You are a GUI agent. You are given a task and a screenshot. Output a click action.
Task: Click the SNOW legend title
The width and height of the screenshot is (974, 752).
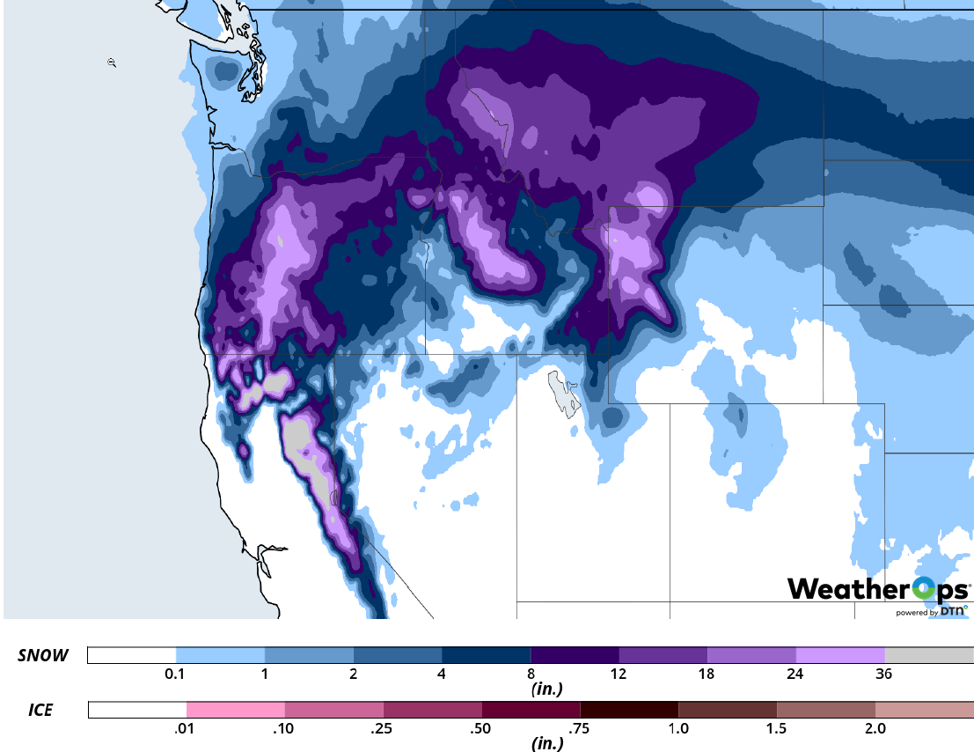coord(43,656)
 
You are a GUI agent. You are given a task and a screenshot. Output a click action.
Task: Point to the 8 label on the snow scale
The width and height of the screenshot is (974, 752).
coord(531,675)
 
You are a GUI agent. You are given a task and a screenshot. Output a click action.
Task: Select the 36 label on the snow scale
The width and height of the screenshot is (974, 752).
coord(884,675)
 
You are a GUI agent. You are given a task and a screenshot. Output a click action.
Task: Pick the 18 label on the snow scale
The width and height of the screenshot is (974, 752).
coord(707,675)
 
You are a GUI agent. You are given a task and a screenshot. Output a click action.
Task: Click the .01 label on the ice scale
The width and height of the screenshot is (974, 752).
coord(186,729)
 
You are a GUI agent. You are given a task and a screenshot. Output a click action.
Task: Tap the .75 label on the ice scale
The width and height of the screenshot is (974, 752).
coord(580,729)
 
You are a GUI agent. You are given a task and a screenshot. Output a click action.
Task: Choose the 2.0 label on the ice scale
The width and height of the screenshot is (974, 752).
coord(875,729)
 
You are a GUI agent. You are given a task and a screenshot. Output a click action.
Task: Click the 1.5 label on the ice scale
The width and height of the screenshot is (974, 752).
coord(777,729)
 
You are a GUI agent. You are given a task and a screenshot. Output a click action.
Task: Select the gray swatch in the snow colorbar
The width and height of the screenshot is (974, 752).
coord(929,655)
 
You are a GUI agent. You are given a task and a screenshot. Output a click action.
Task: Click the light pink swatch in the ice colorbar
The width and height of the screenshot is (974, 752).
coord(236,710)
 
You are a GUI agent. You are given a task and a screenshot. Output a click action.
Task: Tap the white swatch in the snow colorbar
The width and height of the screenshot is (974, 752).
coord(132,655)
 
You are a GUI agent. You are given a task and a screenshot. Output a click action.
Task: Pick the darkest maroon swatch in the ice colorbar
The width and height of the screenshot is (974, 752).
coord(629,710)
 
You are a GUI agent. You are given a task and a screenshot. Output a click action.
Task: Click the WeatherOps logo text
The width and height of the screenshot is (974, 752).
coord(877,588)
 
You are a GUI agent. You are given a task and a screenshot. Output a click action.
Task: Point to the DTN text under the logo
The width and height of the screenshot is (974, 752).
coord(953,610)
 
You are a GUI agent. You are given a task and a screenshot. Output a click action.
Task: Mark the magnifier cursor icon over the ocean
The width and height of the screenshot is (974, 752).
coord(112,62)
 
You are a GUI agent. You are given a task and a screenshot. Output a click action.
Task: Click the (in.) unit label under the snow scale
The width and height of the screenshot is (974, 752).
coord(547,689)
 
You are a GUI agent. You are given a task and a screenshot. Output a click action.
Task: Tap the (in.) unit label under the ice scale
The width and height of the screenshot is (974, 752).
coord(547,743)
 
